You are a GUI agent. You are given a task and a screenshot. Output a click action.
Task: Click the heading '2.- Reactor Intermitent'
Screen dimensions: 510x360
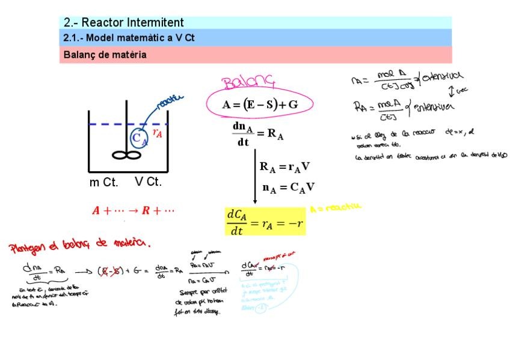click(124, 23)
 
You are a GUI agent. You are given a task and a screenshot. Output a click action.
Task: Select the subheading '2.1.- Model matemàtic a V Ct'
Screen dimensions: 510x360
click(129, 38)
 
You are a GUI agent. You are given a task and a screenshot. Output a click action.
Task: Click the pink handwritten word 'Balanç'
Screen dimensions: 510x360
click(248, 82)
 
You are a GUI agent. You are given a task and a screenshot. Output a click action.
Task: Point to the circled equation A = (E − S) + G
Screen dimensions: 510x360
click(260, 104)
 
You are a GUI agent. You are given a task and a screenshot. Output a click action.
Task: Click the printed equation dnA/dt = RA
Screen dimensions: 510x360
click(257, 134)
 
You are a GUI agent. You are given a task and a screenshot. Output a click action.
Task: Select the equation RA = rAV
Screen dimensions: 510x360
click(284, 167)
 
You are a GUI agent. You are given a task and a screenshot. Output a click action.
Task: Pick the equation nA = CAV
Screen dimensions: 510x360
click(289, 188)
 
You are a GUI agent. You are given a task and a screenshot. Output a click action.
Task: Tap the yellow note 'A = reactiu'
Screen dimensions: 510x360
click(336, 207)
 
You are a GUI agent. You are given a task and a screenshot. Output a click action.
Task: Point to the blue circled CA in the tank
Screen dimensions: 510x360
click(139, 138)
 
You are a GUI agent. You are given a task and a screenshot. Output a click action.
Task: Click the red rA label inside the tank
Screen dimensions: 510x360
click(157, 133)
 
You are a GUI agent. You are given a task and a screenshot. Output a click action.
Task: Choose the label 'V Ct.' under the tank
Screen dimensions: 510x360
click(149, 182)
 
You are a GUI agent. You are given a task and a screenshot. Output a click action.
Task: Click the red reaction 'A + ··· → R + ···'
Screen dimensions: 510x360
click(133, 211)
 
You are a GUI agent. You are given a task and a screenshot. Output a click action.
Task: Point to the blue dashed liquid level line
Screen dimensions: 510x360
click(108, 124)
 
